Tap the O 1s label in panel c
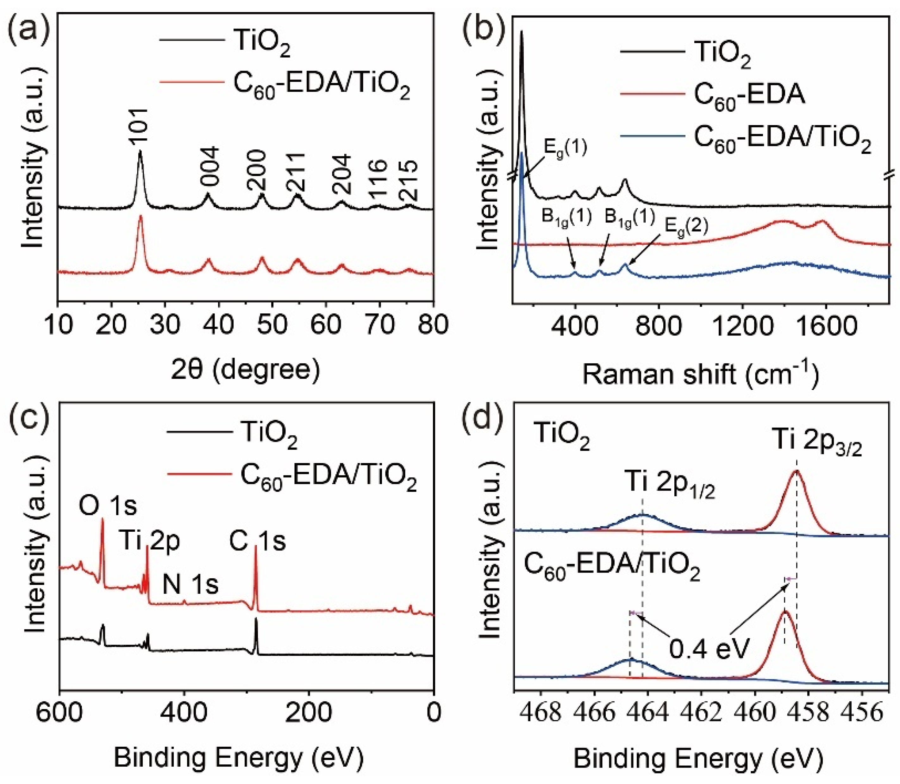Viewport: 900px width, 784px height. pyautogui.click(x=108, y=506)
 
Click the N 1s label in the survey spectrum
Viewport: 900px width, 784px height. pyautogui.click(x=190, y=585)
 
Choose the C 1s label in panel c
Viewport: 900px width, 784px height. pyautogui.click(x=258, y=542)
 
